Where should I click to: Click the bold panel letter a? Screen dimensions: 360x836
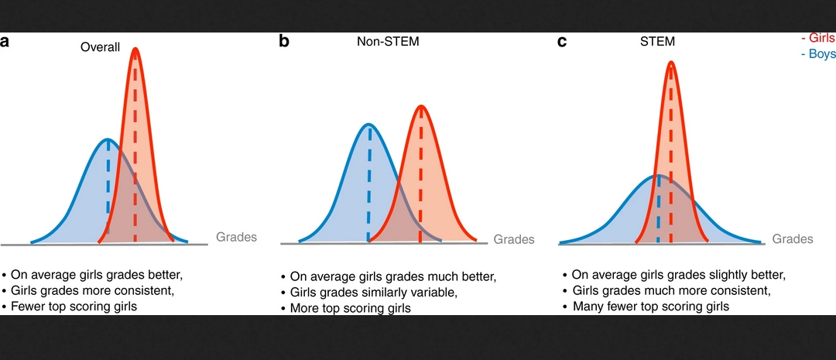[x=5, y=42]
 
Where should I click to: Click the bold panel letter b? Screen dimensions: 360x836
[x=284, y=42]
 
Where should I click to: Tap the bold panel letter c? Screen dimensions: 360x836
[x=562, y=42]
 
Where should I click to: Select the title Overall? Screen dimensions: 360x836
[x=101, y=47]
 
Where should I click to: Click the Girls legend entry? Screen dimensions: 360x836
[x=818, y=38]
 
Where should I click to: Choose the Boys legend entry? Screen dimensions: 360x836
[x=818, y=55]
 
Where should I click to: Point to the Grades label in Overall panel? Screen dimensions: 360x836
[x=236, y=237]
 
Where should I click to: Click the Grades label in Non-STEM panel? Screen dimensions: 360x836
[x=514, y=239]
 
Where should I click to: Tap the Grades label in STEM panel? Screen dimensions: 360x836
[x=793, y=239]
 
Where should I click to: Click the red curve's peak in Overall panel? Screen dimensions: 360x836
[x=135, y=49]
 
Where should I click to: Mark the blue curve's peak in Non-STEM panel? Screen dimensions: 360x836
[x=369, y=124]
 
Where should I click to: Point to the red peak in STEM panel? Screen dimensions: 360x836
[x=670, y=62]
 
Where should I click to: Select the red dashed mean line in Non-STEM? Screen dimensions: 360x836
[x=420, y=178]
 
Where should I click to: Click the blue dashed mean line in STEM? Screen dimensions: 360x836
[x=658, y=209]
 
